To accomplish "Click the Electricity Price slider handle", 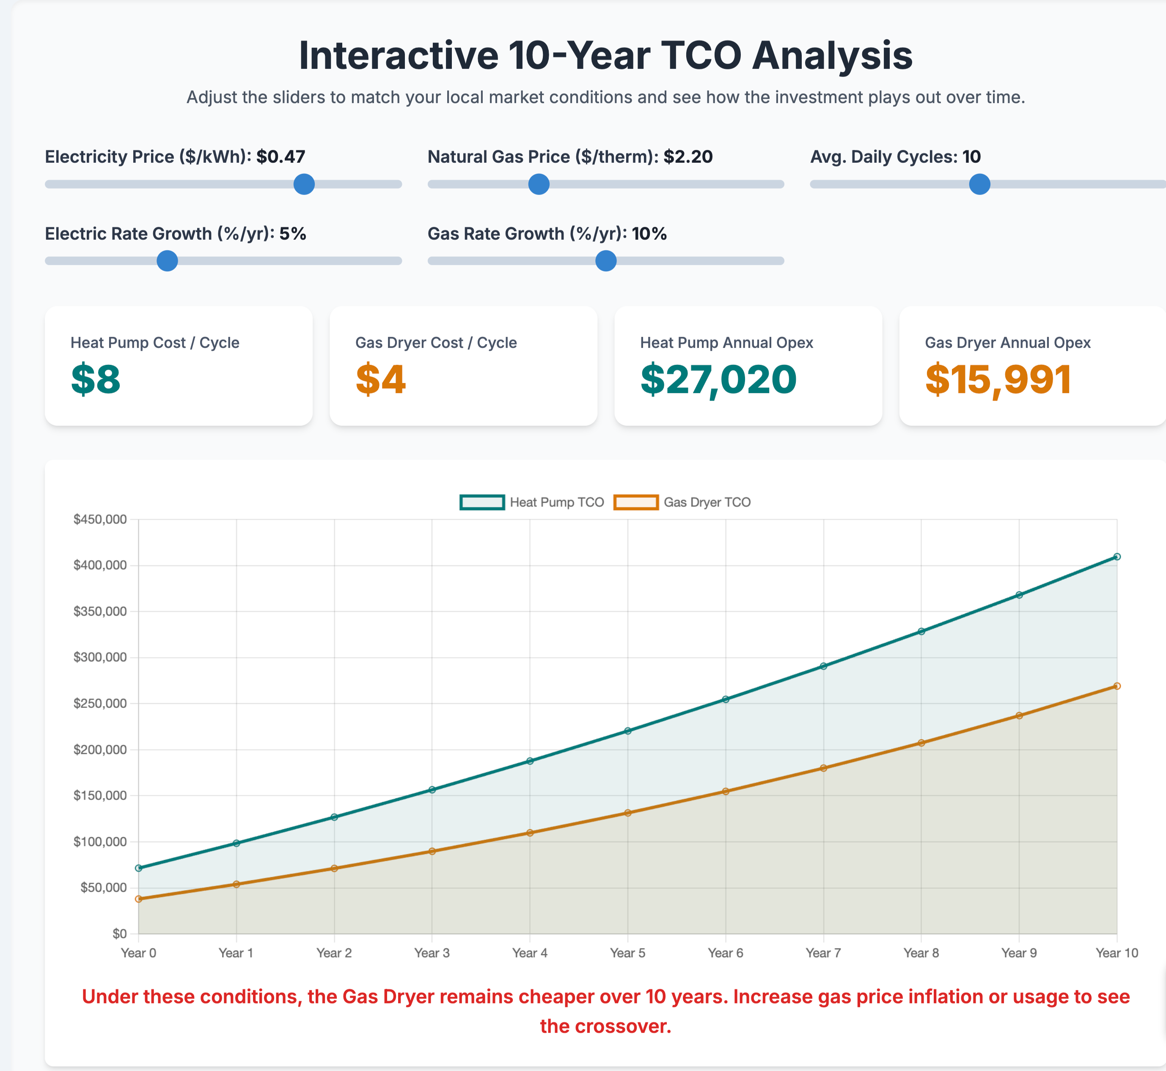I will point(304,184).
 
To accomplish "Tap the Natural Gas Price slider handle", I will point(539,184).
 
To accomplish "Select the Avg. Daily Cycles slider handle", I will point(979,184).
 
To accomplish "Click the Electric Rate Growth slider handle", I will point(167,261).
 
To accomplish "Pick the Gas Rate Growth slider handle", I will point(605,261).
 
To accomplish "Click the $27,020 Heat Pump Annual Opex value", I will point(718,380).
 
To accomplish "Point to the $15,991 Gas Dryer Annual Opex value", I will point(998,380).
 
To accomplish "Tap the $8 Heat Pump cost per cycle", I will point(96,380).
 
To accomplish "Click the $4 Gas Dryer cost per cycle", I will point(380,380).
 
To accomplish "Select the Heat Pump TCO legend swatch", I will point(482,502).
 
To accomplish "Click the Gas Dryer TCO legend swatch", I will point(636,502).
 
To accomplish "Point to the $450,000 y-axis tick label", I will point(100,519).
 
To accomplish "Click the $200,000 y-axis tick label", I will point(100,749).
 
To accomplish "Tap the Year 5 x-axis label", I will point(627,953).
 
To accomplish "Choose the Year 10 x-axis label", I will point(1116,953).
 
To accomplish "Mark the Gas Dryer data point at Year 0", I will point(139,899).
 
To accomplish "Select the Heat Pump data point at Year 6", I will point(725,699).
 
